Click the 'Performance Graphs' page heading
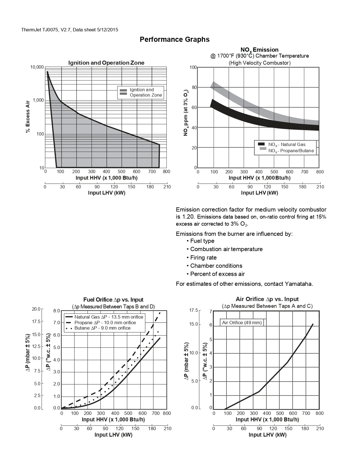point(174,39)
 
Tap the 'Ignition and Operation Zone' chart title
point(106,63)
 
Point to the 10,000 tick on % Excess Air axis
point(37,67)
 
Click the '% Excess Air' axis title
point(28,117)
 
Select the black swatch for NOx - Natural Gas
point(261,144)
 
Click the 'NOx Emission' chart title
point(259,50)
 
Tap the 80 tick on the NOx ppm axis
point(194,88)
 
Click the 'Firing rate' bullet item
point(203,258)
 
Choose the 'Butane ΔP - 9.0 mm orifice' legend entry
point(102,328)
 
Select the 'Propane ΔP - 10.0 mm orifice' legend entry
point(105,323)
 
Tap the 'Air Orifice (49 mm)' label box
point(242,323)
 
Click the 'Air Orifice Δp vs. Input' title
point(267,299)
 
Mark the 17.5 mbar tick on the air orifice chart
point(194,310)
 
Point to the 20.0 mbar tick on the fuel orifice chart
point(36,309)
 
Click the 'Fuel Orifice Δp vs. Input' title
point(113,300)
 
